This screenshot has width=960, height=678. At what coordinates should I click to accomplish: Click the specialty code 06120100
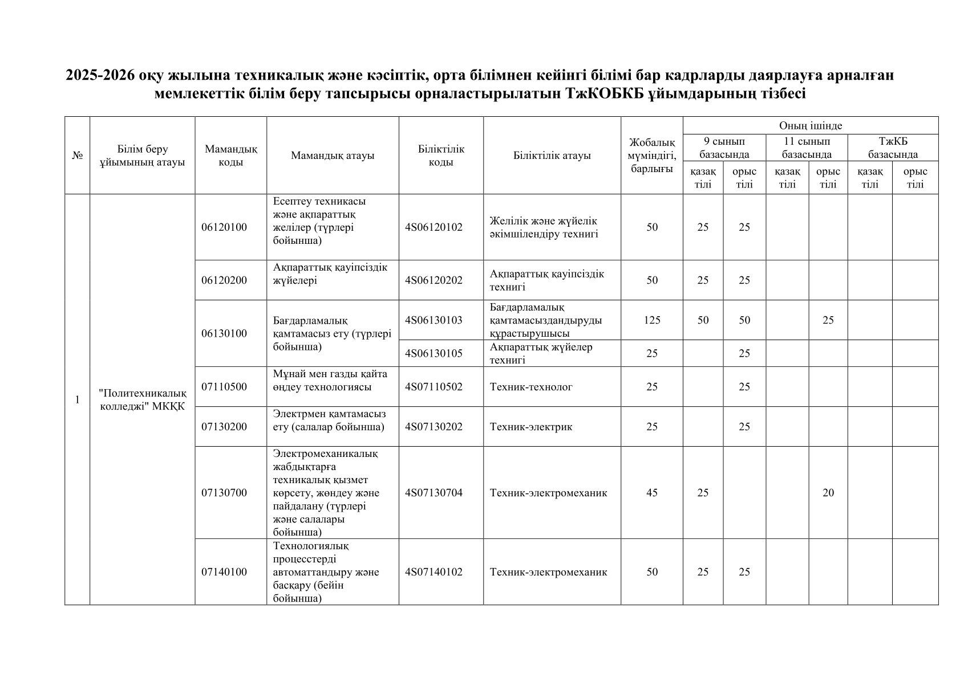click(224, 227)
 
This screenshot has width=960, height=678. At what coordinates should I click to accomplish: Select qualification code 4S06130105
click(434, 353)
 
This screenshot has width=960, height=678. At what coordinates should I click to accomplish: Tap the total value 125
click(651, 320)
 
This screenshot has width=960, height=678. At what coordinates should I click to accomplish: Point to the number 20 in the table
click(828, 493)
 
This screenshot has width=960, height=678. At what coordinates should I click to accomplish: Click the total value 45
click(651, 493)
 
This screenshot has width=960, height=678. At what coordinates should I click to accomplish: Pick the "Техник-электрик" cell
click(531, 427)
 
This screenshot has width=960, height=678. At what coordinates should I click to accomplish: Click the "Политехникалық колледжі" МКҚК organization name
click(143, 399)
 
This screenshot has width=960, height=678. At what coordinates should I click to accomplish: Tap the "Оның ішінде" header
click(810, 125)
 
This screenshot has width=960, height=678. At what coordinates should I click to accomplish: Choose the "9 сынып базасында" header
click(724, 148)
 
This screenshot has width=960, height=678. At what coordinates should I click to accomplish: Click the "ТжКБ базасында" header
click(893, 148)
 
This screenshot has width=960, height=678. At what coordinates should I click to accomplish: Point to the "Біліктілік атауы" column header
click(552, 156)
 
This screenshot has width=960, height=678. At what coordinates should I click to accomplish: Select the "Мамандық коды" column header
click(230, 156)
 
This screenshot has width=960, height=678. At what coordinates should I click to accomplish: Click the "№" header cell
click(77, 156)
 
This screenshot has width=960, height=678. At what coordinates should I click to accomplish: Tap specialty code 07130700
click(224, 493)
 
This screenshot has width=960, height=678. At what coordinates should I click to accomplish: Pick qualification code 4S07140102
click(434, 572)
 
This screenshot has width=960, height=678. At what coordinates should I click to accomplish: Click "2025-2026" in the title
click(98, 75)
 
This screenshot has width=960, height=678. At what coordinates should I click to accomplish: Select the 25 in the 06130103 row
click(828, 320)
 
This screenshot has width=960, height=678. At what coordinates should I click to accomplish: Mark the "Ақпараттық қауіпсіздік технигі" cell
click(546, 280)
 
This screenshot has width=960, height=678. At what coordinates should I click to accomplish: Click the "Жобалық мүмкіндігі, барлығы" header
click(651, 156)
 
